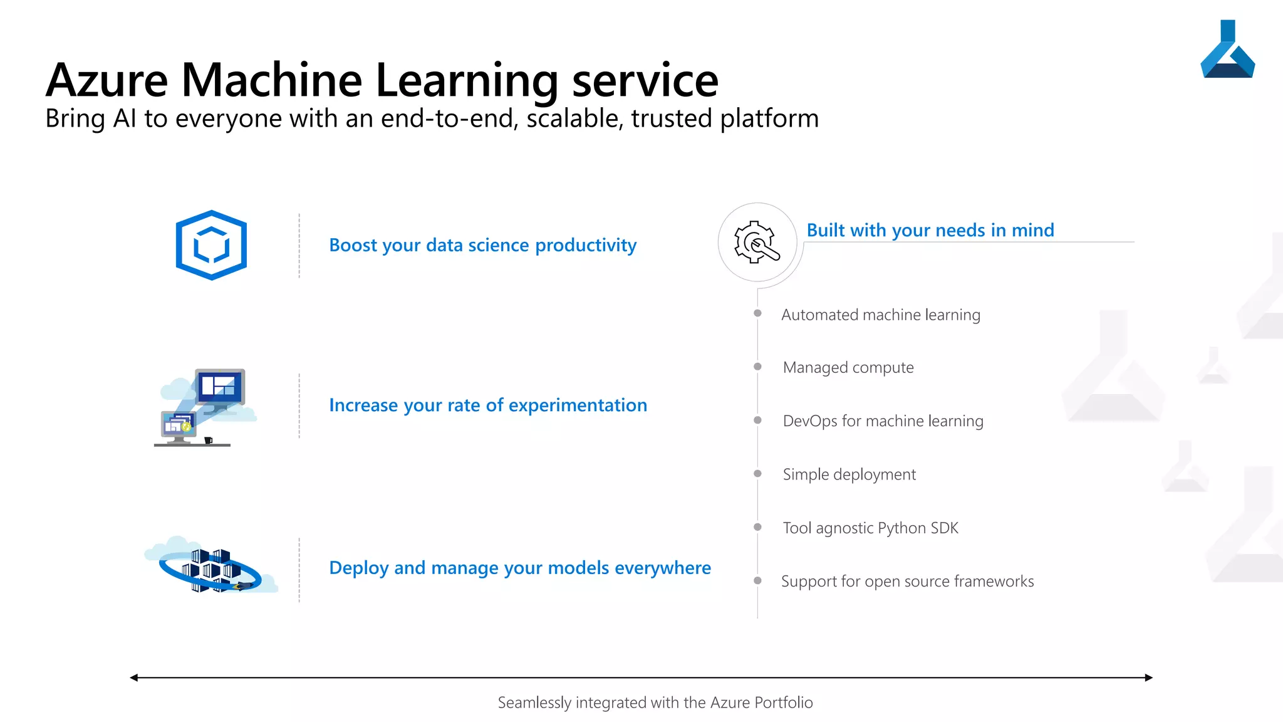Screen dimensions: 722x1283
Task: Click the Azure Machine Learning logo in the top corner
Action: (1227, 51)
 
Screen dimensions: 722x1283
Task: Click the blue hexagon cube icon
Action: (211, 245)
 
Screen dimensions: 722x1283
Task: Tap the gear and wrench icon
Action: (757, 243)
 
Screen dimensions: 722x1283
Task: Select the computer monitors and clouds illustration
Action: (205, 407)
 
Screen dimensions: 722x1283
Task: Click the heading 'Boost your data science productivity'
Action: (482, 245)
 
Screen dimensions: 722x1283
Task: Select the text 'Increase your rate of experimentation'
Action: (487, 405)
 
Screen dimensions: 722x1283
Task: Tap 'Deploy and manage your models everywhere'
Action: (519, 568)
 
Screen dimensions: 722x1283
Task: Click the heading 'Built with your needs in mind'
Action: (930, 231)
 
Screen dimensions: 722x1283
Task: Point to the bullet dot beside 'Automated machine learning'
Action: (757, 313)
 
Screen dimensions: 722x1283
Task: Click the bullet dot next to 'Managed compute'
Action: (757, 367)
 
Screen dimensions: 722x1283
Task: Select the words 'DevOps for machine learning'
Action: (883, 421)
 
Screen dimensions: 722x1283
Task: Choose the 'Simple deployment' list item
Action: (849, 474)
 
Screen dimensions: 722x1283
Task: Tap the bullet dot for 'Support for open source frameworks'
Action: (757, 581)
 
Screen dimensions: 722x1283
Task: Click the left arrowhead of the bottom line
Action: (133, 678)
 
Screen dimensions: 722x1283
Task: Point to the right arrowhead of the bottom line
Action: (1148, 678)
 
